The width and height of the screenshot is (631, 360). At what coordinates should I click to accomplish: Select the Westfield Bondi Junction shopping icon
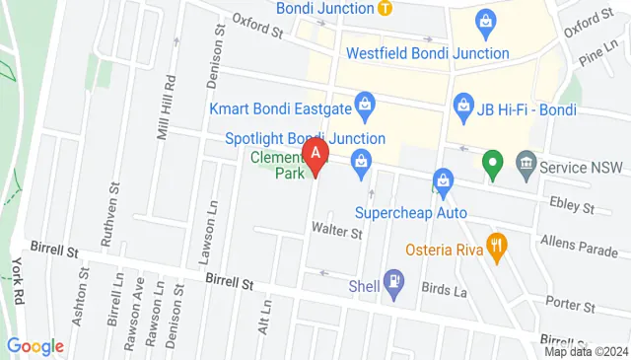pyautogui.click(x=484, y=21)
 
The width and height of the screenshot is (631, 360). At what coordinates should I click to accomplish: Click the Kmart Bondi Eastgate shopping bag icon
pyautogui.click(x=365, y=102)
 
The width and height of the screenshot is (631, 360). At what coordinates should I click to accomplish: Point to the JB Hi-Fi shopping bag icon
pyautogui.click(x=460, y=104)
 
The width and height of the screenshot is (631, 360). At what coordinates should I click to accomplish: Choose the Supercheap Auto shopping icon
pyautogui.click(x=443, y=180)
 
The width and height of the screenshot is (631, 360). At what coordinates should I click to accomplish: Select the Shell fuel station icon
pyautogui.click(x=392, y=281)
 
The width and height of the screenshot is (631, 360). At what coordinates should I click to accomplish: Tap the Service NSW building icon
pyautogui.click(x=525, y=162)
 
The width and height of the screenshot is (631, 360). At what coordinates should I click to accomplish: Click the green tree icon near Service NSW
pyautogui.click(x=490, y=162)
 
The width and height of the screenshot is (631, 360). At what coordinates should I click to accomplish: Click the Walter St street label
pyautogui.click(x=337, y=234)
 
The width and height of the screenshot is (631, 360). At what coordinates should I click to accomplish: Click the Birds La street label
pyautogui.click(x=442, y=289)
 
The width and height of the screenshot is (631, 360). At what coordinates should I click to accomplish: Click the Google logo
pyautogui.click(x=35, y=345)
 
